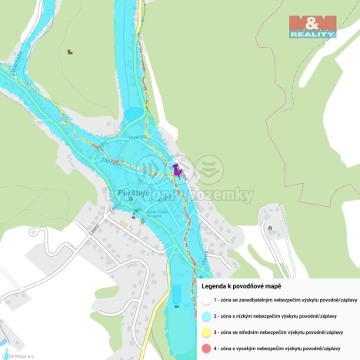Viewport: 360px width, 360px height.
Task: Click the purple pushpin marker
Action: pos(176,169)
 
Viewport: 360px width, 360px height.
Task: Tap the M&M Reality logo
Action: pos(312,26)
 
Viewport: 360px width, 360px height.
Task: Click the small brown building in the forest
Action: pos(70,52)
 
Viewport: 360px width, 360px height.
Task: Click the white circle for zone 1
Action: pos(205,299)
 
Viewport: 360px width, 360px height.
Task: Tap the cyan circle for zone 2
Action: pos(205,315)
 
